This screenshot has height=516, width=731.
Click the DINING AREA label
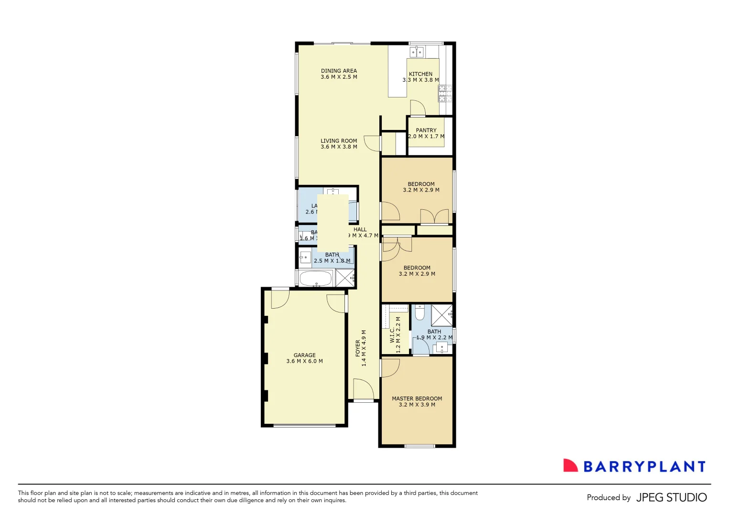point(339,71)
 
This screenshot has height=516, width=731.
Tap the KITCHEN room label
point(420,74)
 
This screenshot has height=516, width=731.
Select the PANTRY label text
point(426,130)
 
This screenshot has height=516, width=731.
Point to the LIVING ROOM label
point(339,141)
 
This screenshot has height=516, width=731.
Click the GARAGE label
point(304,355)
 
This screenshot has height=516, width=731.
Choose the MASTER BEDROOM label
point(417,398)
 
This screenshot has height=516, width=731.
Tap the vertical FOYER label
point(358,348)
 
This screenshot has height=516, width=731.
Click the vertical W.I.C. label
point(392,335)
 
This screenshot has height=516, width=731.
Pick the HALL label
point(360,229)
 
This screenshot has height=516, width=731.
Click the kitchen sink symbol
point(417,51)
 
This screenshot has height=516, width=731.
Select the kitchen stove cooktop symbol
point(445,94)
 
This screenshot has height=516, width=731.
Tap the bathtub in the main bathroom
point(315,279)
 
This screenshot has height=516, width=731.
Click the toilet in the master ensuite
point(419,312)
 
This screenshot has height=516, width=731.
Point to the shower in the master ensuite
point(442,315)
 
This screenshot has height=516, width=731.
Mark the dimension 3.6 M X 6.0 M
point(304,361)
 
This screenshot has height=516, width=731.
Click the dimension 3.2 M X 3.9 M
point(417,405)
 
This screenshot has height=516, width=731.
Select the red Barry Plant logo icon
point(570,466)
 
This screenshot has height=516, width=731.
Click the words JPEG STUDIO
point(671,497)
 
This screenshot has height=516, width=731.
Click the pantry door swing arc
point(417,108)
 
